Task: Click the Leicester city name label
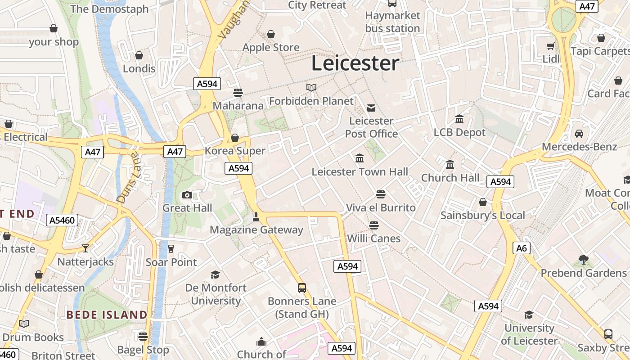355,63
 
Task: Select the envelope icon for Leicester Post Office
371,108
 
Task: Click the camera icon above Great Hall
187,195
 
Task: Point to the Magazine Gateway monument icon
256,217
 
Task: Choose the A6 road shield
522,248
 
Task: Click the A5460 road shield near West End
63,220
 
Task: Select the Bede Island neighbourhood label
107,315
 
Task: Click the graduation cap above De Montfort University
216,274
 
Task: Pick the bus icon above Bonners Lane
302,288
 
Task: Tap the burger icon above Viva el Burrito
381,194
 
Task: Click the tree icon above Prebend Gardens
583,260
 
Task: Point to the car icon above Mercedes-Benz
579,134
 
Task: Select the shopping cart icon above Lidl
550,46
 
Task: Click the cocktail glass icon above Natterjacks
85,248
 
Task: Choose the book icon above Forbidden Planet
311,87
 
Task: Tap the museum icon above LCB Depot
459,119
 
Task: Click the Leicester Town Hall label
360,171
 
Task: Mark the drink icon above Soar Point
171,249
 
